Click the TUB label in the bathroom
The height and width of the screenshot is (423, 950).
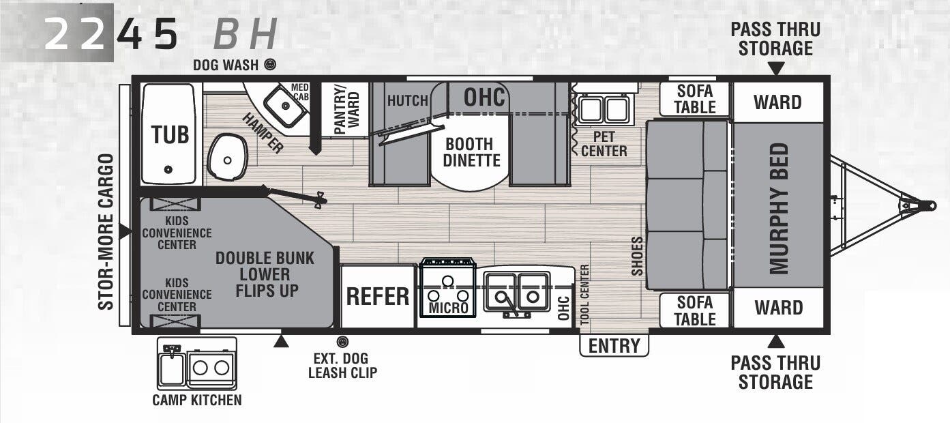point(170,134)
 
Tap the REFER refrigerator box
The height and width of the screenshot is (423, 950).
point(378,297)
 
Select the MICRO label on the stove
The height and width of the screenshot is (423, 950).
point(448,308)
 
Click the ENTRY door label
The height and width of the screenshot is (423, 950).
point(614,346)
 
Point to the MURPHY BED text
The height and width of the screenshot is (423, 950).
point(779,209)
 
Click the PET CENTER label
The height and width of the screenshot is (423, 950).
point(604,144)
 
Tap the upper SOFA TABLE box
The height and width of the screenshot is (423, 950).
point(695,100)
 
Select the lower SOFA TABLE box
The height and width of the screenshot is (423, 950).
point(695,310)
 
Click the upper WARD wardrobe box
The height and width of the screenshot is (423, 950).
point(777,102)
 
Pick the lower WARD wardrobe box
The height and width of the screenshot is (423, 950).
point(777,308)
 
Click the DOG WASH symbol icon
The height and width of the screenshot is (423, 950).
point(271,65)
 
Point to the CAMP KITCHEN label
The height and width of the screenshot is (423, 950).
point(196,400)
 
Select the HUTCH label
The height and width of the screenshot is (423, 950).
point(408,101)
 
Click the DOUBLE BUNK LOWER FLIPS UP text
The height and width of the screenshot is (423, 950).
point(265,274)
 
